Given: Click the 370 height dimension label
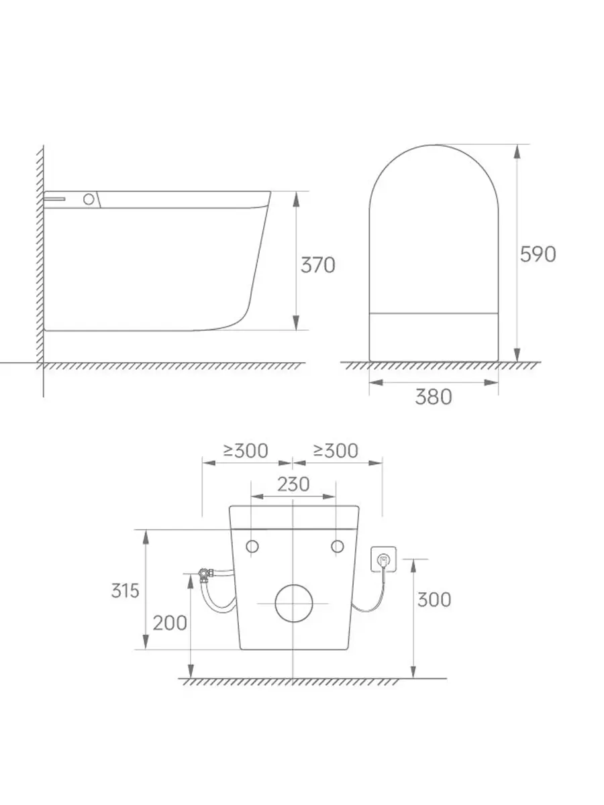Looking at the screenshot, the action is click(x=317, y=265).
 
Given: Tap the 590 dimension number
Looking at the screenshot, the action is click(x=538, y=254).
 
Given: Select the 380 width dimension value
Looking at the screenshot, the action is click(x=434, y=397).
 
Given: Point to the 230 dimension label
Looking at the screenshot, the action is click(x=293, y=484).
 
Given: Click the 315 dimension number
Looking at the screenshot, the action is click(x=125, y=590).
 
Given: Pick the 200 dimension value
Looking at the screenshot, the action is click(x=170, y=623).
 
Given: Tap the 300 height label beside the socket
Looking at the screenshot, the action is click(x=434, y=600).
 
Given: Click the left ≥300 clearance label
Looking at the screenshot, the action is click(x=246, y=451).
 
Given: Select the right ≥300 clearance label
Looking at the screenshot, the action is click(x=336, y=451).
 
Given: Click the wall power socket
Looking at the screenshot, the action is click(x=384, y=559).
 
